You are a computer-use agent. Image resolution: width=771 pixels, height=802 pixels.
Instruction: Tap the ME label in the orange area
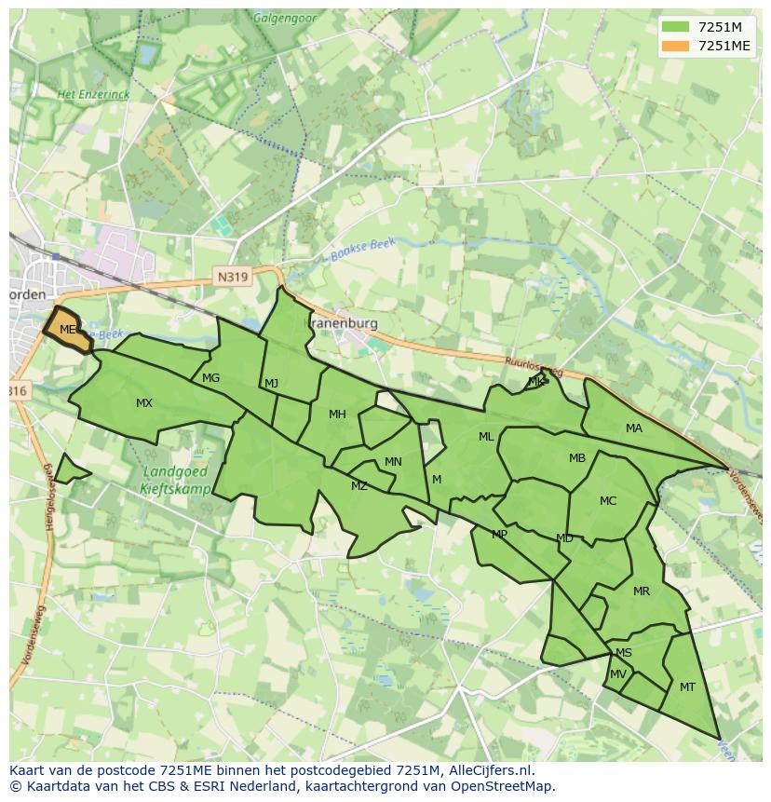(67, 330)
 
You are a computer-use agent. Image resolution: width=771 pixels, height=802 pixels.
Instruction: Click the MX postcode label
(144, 403)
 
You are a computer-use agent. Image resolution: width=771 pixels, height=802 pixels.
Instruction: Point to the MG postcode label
(211, 378)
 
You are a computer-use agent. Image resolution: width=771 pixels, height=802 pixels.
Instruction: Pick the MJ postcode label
(271, 384)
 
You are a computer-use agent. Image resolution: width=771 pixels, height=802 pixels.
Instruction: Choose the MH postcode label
(337, 415)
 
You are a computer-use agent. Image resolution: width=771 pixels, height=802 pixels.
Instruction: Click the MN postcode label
(393, 462)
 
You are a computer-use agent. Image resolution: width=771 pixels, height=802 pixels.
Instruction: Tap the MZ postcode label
(359, 486)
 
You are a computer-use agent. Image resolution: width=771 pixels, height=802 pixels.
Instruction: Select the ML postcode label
(486, 437)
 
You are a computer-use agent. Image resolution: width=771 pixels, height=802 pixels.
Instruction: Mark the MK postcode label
(535, 382)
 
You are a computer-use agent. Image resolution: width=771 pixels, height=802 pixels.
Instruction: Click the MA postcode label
(634, 428)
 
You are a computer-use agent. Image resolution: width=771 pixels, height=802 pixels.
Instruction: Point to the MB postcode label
(577, 458)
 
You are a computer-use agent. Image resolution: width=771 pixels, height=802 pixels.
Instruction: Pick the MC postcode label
(608, 501)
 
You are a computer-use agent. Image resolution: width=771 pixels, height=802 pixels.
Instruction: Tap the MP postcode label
(500, 535)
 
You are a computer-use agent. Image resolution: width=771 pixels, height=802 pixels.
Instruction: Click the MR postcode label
(642, 591)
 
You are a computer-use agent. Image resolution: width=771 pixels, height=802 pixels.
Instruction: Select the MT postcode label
(687, 687)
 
